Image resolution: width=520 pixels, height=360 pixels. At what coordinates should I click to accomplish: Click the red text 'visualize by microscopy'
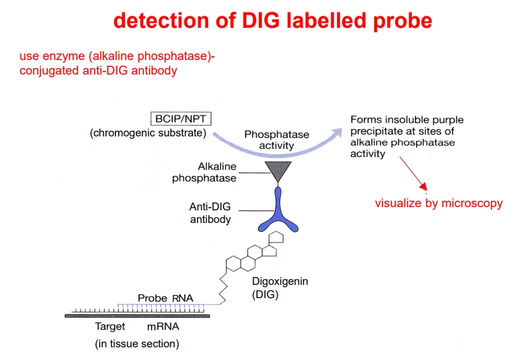439,203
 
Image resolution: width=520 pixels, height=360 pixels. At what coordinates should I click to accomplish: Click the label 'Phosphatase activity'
276,140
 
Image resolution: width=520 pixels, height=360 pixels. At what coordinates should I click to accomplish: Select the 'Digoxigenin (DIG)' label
280,287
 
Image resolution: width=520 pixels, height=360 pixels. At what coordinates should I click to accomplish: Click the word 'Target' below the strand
110,327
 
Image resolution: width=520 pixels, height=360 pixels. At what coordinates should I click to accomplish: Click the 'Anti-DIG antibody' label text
210,213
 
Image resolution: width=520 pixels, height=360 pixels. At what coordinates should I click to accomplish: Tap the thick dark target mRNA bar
145,315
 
